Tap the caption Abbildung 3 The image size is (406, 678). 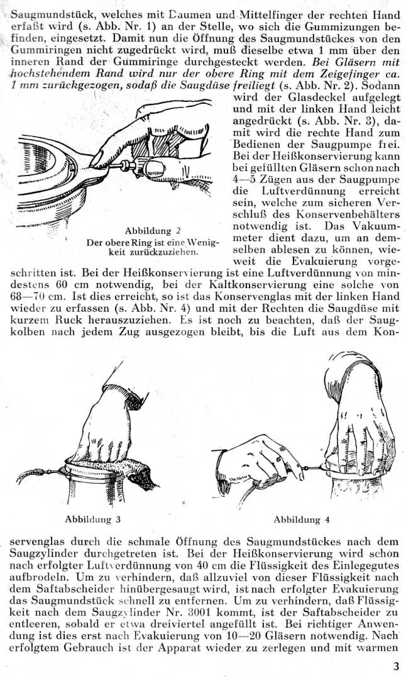click(x=92, y=519)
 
